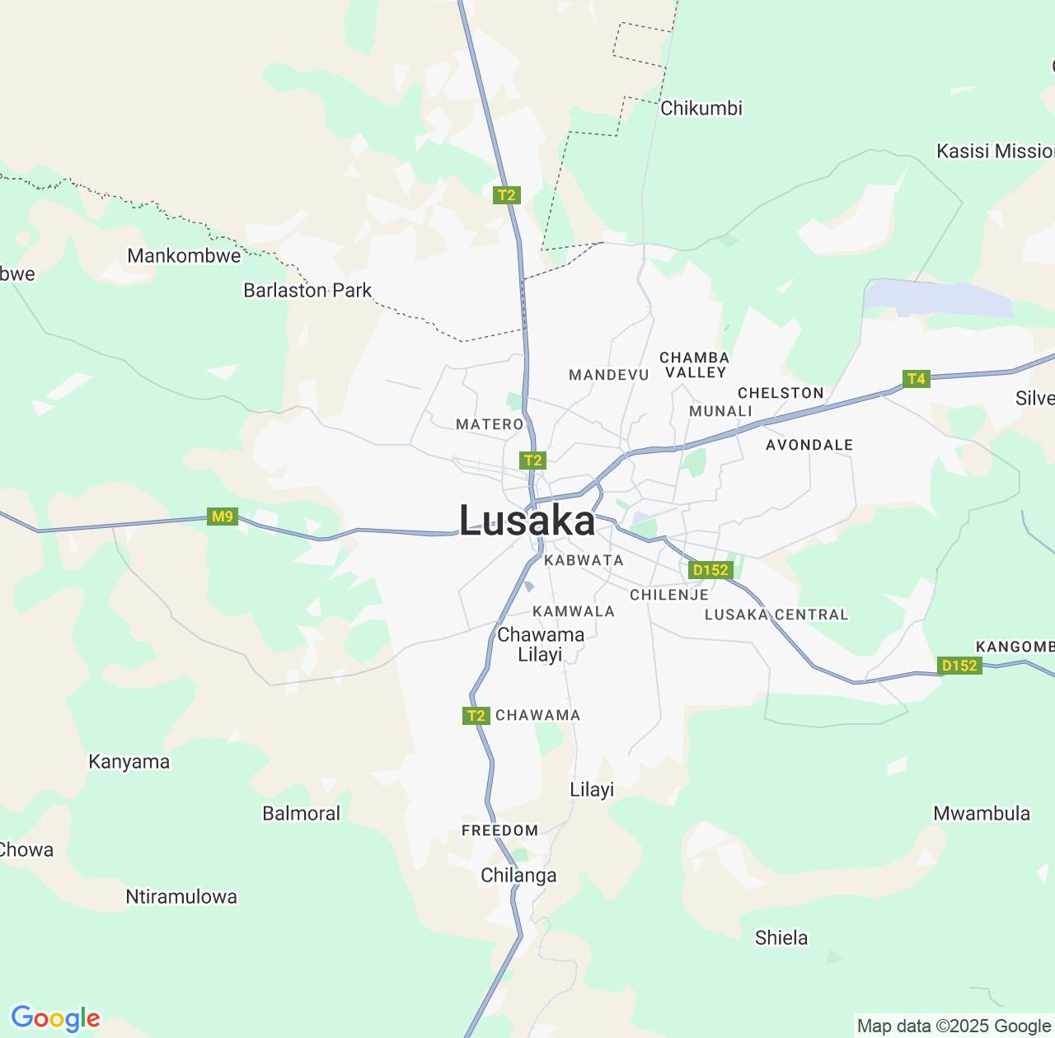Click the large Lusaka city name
tap(527, 521)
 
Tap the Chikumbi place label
tap(701, 108)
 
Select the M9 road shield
tap(223, 517)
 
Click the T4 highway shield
tap(916, 379)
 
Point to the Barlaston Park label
tap(307, 290)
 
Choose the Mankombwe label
tap(184, 255)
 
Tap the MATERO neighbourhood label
tap(490, 424)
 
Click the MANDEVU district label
tap(609, 375)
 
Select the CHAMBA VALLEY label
tap(695, 365)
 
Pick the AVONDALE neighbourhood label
tap(809, 445)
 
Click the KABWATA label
tap(584, 560)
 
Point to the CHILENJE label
tap(669, 595)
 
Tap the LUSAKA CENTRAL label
tap(776, 615)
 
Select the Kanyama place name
tap(129, 762)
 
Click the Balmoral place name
tap(301, 813)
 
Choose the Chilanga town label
tap(518, 875)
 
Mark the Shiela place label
tap(781, 937)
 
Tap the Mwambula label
tap(981, 813)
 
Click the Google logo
tap(55, 1018)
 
